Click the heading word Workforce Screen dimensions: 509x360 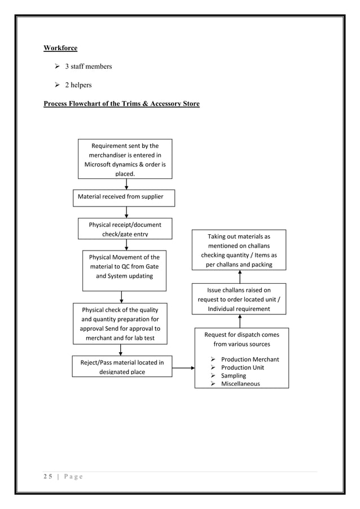[x=60, y=48]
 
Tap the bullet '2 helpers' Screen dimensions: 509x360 [x=80, y=85]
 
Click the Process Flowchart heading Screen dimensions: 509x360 [x=121, y=104]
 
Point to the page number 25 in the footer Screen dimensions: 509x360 [x=49, y=477]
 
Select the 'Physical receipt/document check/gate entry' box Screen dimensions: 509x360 [x=125, y=229]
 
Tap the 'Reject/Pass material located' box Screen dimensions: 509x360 [x=122, y=366]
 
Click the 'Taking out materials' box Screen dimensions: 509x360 [x=239, y=250]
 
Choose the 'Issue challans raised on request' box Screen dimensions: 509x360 [x=239, y=299]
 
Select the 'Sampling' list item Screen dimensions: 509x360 [x=233, y=375]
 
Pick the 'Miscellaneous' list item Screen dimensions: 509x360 [x=240, y=384]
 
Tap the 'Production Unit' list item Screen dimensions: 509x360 [x=242, y=367]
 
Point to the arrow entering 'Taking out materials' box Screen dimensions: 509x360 [x=239, y=277]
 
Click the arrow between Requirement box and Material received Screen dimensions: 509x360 [x=126, y=184]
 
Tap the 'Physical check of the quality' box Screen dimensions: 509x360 [x=120, y=323]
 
